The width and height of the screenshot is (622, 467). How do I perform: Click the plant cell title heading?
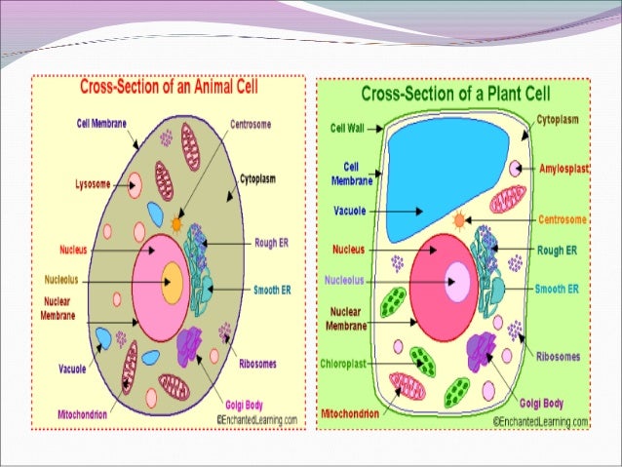(x=456, y=95)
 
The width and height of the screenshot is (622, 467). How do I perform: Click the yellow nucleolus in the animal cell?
(x=172, y=283)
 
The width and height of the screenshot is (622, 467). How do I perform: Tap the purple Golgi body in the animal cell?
(x=189, y=346)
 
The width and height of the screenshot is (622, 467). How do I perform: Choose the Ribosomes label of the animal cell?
(x=260, y=365)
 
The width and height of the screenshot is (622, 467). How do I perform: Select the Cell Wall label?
(x=347, y=128)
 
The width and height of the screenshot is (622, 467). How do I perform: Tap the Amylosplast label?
(x=565, y=169)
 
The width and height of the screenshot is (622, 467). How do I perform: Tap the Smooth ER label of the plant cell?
(x=557, y=290)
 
